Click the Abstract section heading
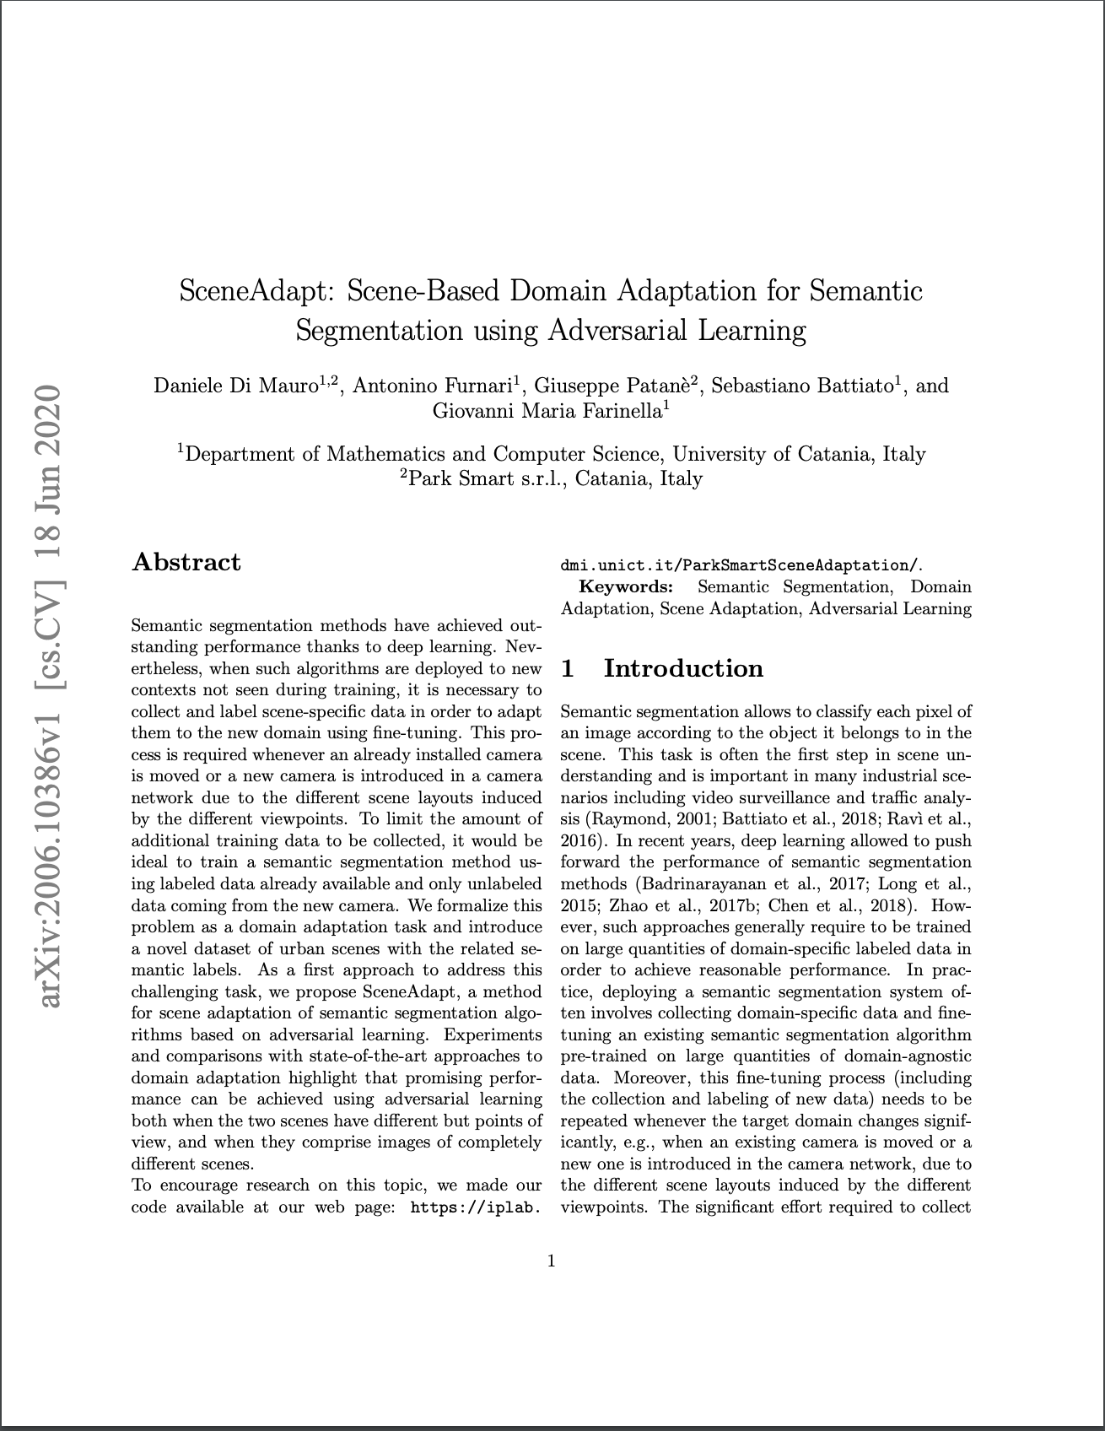point(186,563)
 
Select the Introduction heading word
point(683,668)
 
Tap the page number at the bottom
point(552,1261)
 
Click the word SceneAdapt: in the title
point(258,291)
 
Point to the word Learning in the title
point(751,330)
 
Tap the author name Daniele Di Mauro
point(235,386)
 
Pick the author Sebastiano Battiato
point(801,386)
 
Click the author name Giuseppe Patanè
point(612,386)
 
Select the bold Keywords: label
point(625,586)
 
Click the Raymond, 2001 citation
point(639,818)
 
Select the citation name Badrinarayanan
point(699,883)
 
